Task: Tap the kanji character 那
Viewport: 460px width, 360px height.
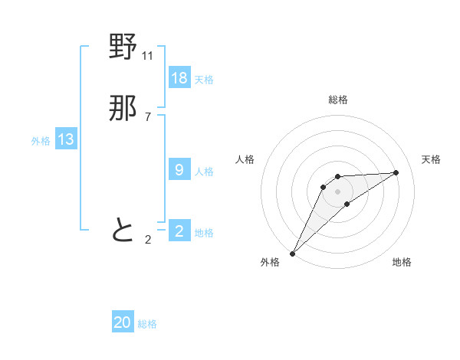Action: click(x=123, y=110)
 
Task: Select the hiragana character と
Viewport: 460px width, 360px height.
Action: click(x=123, y=230)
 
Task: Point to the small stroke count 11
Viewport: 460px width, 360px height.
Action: click(x=148, y=56)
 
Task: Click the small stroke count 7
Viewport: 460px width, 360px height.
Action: click(x=148, y=117)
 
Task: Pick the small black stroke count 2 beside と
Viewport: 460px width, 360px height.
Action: click(x=148, y=240)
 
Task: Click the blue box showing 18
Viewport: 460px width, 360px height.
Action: click(x=179, y=77)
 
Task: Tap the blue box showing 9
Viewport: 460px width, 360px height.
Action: click(x=179, y=170)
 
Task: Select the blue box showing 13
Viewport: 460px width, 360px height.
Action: click(x=66, y=139)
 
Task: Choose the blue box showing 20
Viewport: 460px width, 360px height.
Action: click(x=123, y=322)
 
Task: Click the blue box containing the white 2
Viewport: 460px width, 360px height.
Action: click(x=179, y=231)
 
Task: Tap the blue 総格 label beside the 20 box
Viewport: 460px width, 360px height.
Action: click(x=147, y=324)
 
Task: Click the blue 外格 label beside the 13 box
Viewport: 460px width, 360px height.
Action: click(x=41, y=141)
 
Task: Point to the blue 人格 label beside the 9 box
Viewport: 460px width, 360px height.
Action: click(x=204, y=172)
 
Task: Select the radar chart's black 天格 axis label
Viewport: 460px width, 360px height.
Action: click(x=431, y=159)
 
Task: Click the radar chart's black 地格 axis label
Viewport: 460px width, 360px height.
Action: click(x=402, y=262)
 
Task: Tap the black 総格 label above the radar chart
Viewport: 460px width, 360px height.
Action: click(x=338, y=100)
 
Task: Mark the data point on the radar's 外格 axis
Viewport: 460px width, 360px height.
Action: click(x=292, y=253)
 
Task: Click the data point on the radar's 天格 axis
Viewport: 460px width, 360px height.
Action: click(x=396, y=172)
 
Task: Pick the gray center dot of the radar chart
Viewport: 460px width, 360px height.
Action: click(x=338, y=191)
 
